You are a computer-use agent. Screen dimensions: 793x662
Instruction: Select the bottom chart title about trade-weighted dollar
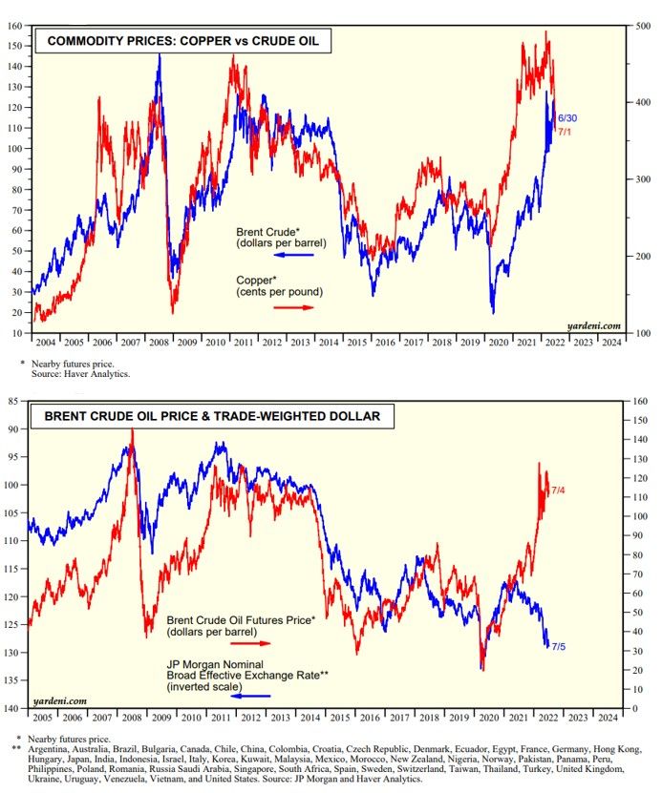click(196, 415)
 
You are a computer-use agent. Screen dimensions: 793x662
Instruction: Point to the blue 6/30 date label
click(567, 117)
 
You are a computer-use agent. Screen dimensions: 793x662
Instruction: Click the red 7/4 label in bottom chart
click(559, 490)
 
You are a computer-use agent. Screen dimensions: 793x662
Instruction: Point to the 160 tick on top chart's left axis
click(13, 26)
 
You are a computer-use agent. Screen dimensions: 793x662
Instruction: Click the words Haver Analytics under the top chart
click(102, 373)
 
